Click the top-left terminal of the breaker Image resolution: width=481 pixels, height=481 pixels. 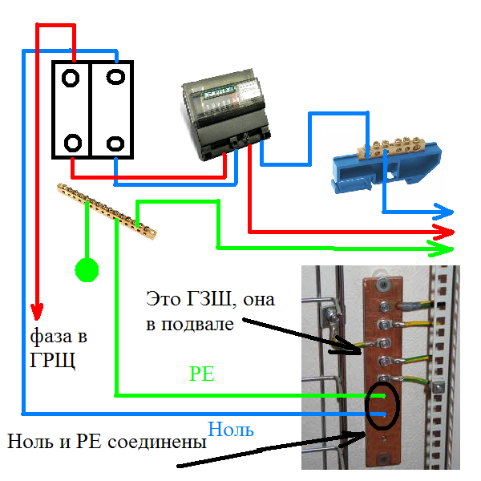coord(72,79)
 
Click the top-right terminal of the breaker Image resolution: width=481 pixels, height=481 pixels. coord(117,78)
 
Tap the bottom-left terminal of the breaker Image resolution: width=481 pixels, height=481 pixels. coord(72,143)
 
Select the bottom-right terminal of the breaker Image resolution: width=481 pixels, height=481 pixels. coord(117,142)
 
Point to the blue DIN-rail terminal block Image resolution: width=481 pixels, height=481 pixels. coord(377,164)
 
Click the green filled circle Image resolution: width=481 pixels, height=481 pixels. coord(86,271)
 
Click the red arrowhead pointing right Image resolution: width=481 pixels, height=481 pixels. coord(446,232)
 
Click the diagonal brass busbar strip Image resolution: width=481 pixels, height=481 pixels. coord(108,211)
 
